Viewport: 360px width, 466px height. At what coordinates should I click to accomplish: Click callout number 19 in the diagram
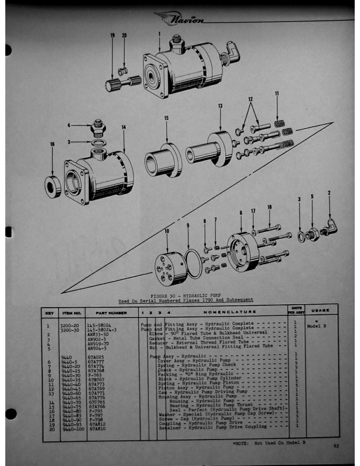(x=112, y=36)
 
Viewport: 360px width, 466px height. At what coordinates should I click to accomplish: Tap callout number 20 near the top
(x=124, y=36)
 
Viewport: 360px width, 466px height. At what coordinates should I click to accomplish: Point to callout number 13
(x=220, y=105)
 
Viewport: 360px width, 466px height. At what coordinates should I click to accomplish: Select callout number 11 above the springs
(x=277, y=94)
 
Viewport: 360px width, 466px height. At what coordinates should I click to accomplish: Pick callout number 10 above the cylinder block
(x=166, y=231)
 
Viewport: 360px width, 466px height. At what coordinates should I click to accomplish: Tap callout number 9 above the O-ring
(x=188, y=225)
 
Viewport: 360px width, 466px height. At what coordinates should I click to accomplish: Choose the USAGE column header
(x=320, y=310)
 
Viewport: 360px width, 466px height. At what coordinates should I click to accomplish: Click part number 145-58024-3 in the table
(x=103, y=328)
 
